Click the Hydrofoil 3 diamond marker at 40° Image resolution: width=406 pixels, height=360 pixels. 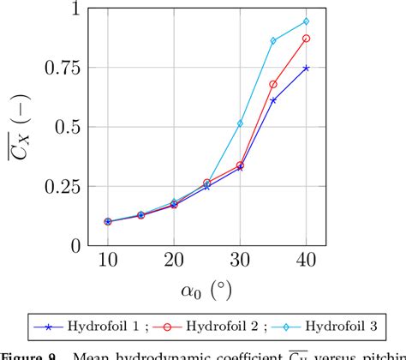point(307,21)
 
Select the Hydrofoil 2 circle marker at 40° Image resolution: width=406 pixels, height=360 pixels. point(307,39)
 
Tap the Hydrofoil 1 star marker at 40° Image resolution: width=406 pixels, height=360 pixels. point(307,68)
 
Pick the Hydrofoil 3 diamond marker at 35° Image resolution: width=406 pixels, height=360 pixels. point(273,41)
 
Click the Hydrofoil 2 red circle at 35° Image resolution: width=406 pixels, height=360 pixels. point(273,84)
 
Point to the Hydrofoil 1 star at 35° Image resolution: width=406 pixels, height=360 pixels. point(273,100)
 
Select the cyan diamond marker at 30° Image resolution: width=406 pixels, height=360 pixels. point(240,123)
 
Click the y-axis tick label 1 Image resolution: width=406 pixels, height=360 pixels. point(82,9)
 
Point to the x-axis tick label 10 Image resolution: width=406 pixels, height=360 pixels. point(107,260)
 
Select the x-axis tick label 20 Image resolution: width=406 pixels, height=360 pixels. point(174,260)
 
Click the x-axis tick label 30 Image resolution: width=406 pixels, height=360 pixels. point(240,260)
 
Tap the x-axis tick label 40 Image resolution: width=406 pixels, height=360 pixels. point(307,260)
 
